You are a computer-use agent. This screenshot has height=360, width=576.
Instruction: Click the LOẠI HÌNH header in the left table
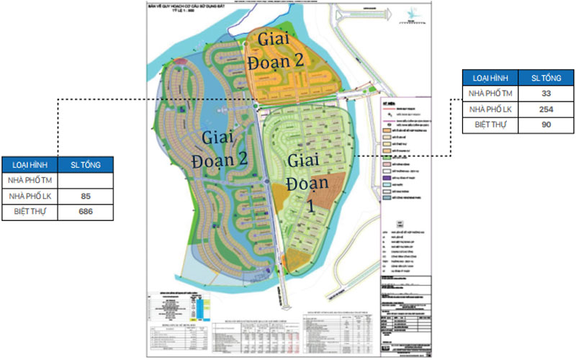point(28,164)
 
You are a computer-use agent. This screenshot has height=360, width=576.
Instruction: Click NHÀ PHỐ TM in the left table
point(28,180)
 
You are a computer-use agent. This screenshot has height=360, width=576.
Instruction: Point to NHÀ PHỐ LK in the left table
point(28,196)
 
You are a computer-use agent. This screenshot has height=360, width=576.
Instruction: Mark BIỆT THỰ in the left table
point(28,212)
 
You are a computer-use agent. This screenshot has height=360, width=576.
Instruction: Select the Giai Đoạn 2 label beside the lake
point(216,148)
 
